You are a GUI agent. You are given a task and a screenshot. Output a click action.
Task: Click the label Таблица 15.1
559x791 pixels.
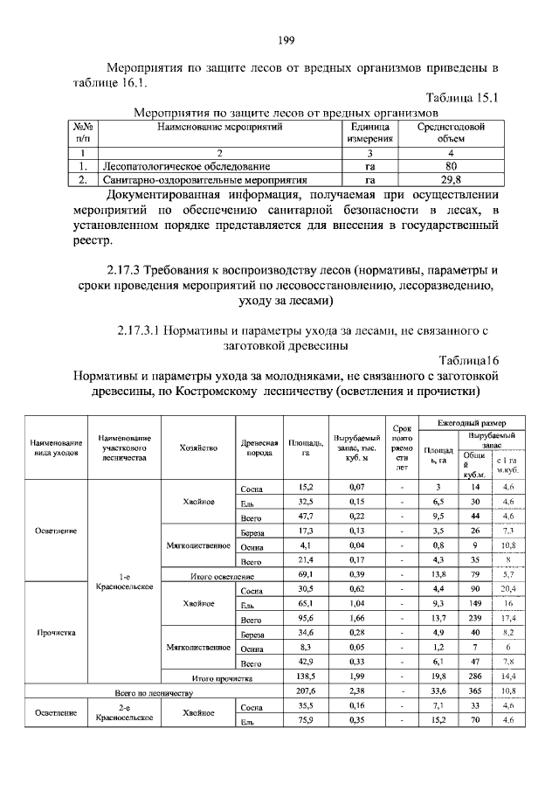[x=461, y=98]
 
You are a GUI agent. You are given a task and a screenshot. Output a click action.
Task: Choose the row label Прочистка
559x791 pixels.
[x=56, y=630]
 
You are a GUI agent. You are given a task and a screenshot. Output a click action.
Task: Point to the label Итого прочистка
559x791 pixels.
[x=222, y=677]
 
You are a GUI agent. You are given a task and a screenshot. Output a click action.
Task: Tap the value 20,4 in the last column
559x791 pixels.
[x=509, y=589]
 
